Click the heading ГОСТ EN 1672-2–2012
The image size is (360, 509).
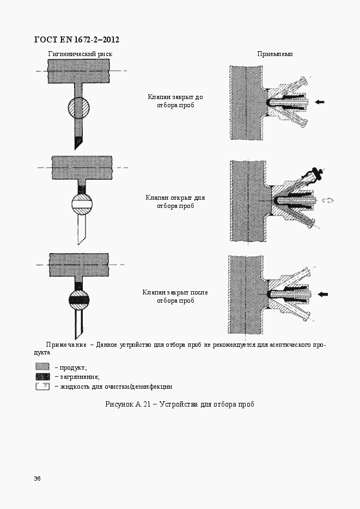(77, 40)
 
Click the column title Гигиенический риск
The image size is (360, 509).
(80, 54)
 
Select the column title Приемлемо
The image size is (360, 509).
(275, 54)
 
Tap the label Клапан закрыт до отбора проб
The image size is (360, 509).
(175, 101)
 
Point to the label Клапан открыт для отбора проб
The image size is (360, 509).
(175, 201)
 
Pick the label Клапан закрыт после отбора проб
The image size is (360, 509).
(175, 296)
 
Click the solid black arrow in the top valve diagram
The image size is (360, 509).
(320, 102)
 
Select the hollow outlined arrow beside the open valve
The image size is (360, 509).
(328, 200)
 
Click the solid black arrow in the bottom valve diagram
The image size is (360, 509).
(322, 295)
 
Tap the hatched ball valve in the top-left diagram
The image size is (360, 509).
(78, 108)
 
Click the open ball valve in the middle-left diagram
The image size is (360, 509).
(82, 204)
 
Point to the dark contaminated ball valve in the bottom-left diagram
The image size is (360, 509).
(79, 299)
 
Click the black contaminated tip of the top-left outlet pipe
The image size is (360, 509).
(78, 142)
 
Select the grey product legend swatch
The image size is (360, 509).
(42, 367)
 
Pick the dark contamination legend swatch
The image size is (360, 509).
(42, 377)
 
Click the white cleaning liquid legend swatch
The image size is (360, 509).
(42, 387)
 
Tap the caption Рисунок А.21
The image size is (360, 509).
(128, 404)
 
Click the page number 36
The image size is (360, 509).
(38, 479)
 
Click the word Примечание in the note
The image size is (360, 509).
(66, 345)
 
